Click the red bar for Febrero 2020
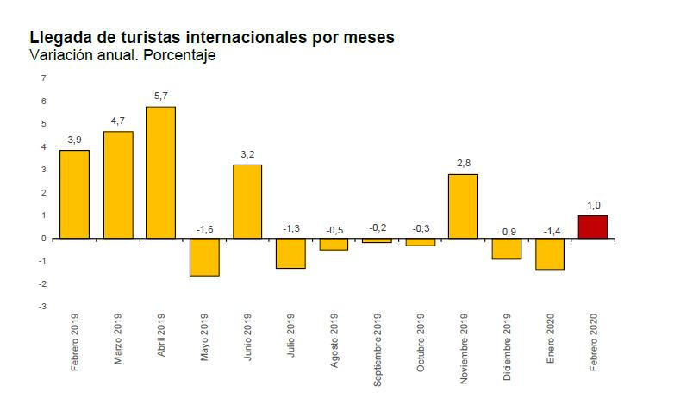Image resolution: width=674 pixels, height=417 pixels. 592,227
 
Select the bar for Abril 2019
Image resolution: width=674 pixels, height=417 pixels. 161,172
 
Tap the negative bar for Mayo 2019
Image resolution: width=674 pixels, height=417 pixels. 204,257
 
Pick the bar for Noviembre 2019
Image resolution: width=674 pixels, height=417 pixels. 463,206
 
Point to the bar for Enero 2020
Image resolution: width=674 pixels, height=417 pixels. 549,253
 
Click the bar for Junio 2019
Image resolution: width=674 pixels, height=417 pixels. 247,202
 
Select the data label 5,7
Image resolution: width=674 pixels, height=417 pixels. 161,96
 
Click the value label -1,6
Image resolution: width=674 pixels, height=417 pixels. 203,229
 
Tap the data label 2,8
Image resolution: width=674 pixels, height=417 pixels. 463,163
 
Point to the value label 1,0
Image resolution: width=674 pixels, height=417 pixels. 592,204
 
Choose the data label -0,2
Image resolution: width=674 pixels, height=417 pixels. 376,227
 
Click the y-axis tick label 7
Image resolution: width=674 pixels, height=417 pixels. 44,78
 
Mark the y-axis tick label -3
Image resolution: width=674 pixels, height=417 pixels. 42,307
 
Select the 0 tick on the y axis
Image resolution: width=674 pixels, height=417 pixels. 44,238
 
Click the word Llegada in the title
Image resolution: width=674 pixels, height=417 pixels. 57,38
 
